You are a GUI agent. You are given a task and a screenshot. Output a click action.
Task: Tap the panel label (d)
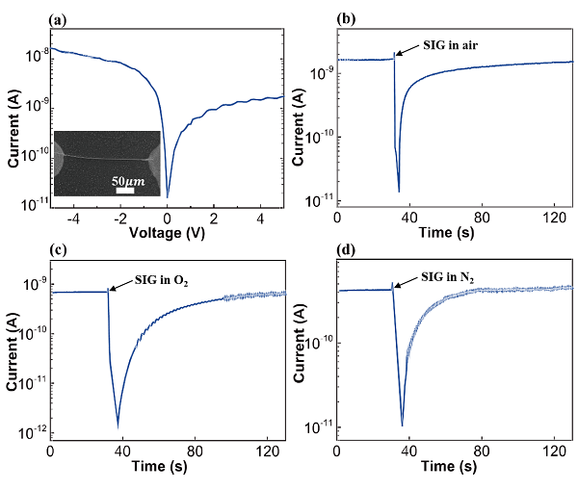click(343, 252)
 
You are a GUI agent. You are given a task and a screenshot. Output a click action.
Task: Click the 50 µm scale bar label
click(124, 181)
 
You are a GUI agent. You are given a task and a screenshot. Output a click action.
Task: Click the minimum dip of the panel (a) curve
click(168, 196)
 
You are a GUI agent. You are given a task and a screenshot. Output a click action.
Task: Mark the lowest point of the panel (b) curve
click(399, 192)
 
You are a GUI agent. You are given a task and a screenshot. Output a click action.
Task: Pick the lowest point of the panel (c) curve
click(118, 425)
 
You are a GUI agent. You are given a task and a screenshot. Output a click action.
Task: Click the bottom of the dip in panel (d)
click(402, 425)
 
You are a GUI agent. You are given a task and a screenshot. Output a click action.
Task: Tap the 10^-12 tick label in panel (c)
click(31, 432)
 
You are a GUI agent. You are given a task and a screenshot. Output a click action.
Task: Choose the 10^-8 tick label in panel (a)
click(31, 56)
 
